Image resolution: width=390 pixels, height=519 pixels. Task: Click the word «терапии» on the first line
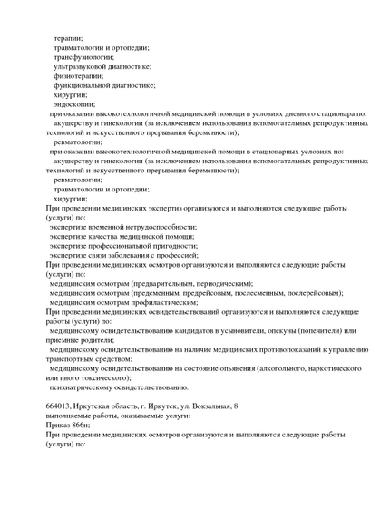point(67,37)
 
